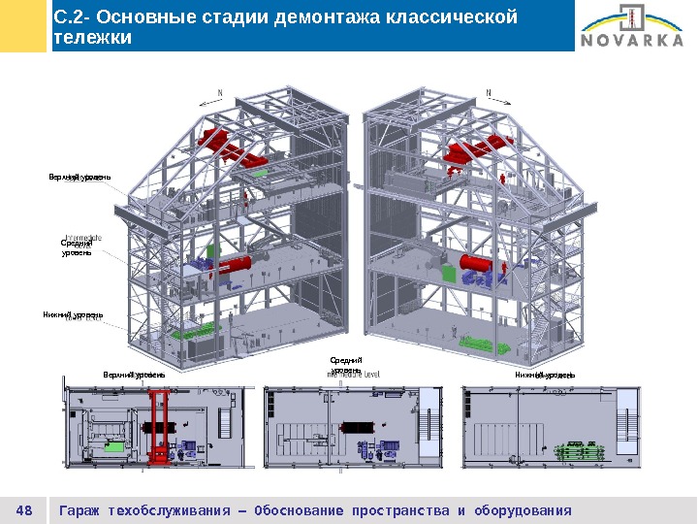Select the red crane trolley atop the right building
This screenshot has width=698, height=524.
tap(477, 152)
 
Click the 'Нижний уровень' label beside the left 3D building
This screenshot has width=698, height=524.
tap(73, 315)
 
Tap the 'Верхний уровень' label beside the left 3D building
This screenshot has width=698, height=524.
tap(79, 178)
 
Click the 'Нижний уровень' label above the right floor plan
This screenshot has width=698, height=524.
tap(544, 375)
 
